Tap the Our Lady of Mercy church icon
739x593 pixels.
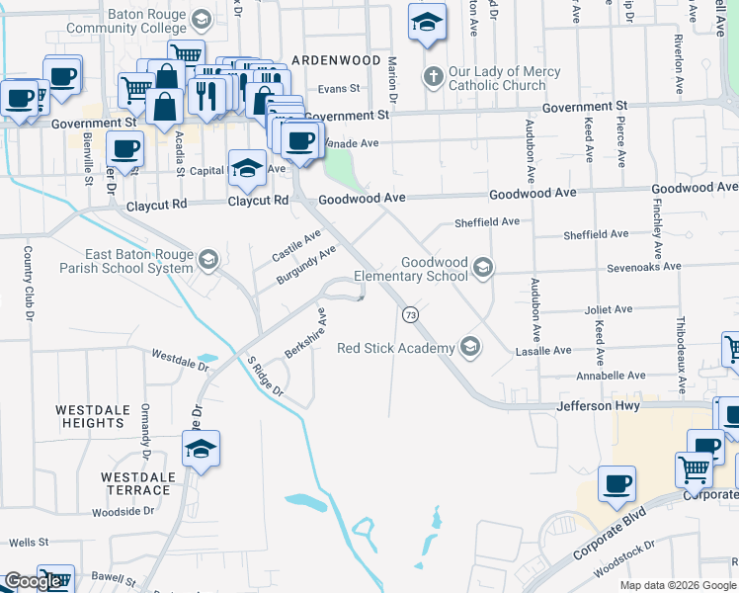[x=432, y=76]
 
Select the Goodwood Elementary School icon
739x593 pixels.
[x=483, y=266]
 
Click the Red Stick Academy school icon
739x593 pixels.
[x=471, y=347]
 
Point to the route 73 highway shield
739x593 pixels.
[x=409, y=313]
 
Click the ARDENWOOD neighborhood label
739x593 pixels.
[x=336, y=60]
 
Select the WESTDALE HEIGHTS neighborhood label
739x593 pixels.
[x=90, y=416]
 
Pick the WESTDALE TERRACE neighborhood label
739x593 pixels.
[x=136, y=483]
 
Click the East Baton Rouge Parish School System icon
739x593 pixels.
[x=208, y=260]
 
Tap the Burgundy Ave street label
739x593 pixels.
[x=306, y=266]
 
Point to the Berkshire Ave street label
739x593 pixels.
[x=302, y=337]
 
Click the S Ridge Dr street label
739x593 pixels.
[x=265, y=377]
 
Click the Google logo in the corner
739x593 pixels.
[x=33, y=581]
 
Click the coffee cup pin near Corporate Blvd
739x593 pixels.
[x=617, y=483]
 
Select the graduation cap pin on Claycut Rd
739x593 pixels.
[x=247, y=168]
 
